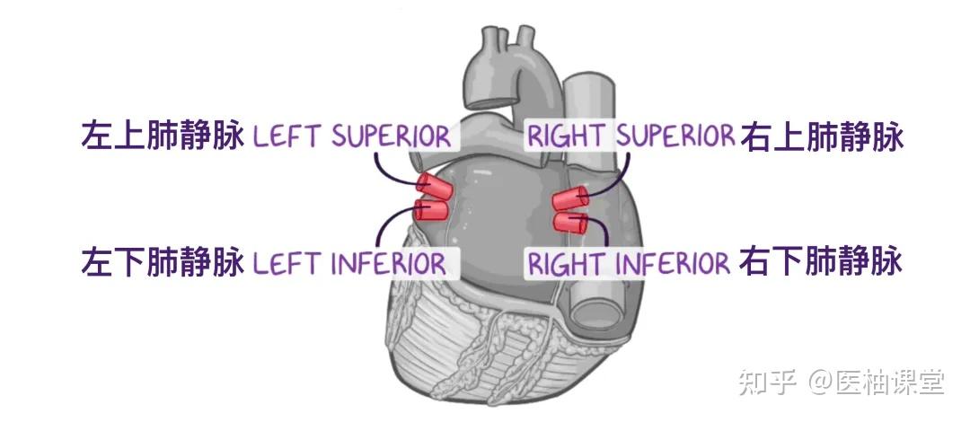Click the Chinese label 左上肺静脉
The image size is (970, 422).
click(163, 137)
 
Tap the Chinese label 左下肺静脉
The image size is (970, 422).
click(163, 263)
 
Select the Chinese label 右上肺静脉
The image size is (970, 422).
click(821, 137)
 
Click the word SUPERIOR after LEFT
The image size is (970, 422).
click(391, 137)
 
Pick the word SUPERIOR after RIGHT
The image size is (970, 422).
click(675, 137)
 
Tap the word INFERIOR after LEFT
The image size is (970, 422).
click(388, 264)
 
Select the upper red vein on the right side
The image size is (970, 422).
click(569, 198)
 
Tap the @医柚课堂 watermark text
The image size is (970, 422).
click(877, 383)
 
